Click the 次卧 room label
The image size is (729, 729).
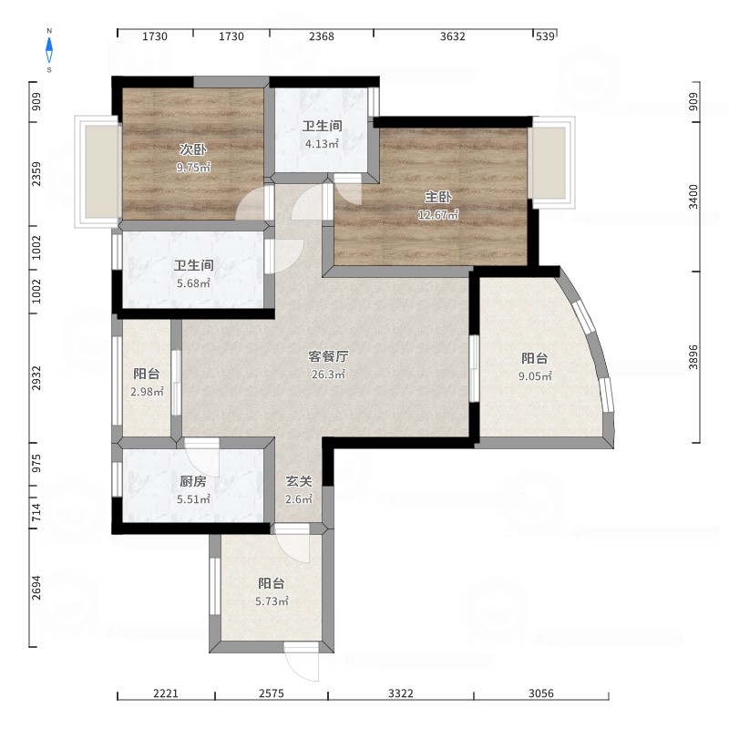(x=193, y=149)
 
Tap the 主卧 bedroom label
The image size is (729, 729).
(x=438, y=197)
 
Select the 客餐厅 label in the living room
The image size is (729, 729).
(x=328, y=356)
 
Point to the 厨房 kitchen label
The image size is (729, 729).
(x=193, y=481)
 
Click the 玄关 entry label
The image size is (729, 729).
(x=299, y=481)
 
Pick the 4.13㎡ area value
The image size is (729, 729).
(x=322, y=144)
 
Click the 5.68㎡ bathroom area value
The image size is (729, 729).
(x=193, y=283)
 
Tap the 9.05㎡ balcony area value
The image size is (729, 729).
(x=535, y=376)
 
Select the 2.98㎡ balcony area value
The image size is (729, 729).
(x=147, y=392)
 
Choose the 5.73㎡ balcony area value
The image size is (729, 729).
(x=272, y=601)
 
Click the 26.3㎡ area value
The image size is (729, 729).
(x=328, y=375)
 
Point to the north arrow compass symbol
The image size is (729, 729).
(x=49, y=50)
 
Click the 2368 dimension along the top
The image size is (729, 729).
(x=322, y=36)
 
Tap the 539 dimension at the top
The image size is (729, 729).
(x=545, y=36)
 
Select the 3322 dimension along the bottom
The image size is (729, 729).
(x=400, y=693)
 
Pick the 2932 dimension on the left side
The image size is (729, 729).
(x=36, y=378)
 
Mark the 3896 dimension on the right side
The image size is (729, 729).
(x=693, y=357)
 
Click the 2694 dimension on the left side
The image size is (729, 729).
(x=36, y=587)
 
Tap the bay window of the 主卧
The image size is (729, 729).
(x=553, y=162)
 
